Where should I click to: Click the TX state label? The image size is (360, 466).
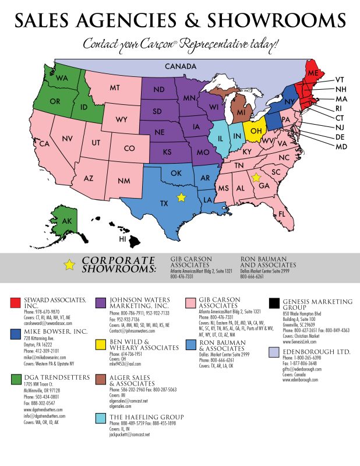[x=164, y=203]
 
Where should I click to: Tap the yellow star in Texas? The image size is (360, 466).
[x=181, y=197]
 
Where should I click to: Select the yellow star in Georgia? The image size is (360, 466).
[x=255, y=177]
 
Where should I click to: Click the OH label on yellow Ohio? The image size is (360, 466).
[x=255, y=130]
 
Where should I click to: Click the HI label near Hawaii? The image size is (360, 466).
[x=123, y=239]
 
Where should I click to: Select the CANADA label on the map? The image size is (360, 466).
[x=180, y=66]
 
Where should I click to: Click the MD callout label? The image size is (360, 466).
[x=341, y=146]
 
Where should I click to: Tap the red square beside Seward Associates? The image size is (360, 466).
[x=15, y=302]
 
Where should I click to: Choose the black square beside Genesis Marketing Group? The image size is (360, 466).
[x=274, y=302]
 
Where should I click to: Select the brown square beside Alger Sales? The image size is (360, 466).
[x=101, y=380]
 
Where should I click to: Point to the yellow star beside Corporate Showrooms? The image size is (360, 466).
[x=70, y=264]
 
